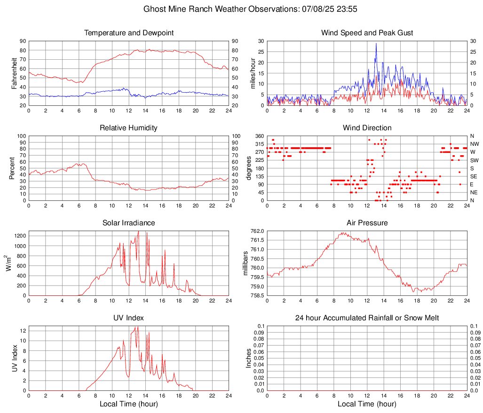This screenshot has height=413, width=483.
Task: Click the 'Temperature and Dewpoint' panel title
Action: [x=129, y=33]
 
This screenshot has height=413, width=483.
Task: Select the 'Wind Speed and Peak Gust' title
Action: [x=367, y=33]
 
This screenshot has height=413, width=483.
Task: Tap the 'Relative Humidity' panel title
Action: [x=129, y=128]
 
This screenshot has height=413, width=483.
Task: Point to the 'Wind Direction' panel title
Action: [x=367, y=128]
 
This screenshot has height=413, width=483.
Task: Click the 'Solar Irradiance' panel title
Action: [x=129, y=223]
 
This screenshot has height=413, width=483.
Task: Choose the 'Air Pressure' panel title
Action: [x=367, y=223]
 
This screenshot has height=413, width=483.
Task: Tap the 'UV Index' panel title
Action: [x=129, y=318]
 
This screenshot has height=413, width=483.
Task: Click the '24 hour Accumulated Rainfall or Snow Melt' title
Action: [x=367, y=318]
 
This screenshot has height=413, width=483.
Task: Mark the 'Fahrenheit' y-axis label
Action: [x=15, y=73]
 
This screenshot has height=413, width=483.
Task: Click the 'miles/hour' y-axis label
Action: [x=253, y=73]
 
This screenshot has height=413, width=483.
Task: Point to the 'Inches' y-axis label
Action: [x=249, y=358]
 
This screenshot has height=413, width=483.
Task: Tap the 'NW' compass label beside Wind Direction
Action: [x=474, y=144]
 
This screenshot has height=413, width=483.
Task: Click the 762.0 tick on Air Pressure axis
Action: [x=257, y=231]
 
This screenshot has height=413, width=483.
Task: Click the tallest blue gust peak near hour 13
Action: [x=376, y=43]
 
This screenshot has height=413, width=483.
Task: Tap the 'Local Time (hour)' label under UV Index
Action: [x=129, y=404]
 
